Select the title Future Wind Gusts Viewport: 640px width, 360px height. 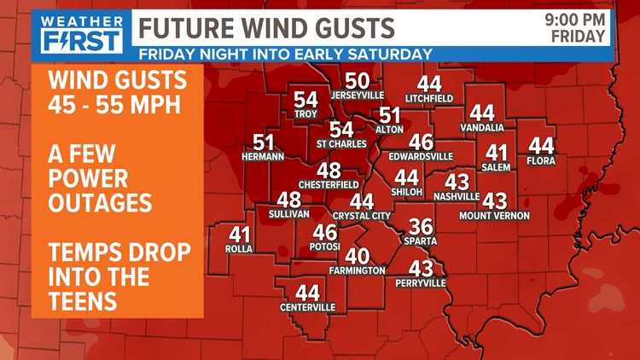click(267, 27)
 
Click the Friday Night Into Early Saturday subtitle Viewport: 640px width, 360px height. click(285, 54)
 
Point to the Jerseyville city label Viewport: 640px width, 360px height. click(357, 95)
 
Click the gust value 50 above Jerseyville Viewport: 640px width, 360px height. click(358, 81)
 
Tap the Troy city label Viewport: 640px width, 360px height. click(305, 113)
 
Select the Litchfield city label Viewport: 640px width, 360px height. click(429, 98)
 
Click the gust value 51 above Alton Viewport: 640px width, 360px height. click(390, 115)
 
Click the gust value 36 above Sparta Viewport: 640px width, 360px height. click(421, 227)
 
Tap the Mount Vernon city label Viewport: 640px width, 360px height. click(494, 216)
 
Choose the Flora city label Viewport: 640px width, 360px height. click(542, 160)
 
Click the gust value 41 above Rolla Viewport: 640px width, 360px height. click(241, 234)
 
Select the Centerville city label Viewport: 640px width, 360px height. click(307, 307)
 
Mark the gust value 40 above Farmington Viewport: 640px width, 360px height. click(358, 256)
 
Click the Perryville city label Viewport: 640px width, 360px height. click(421, 282)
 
